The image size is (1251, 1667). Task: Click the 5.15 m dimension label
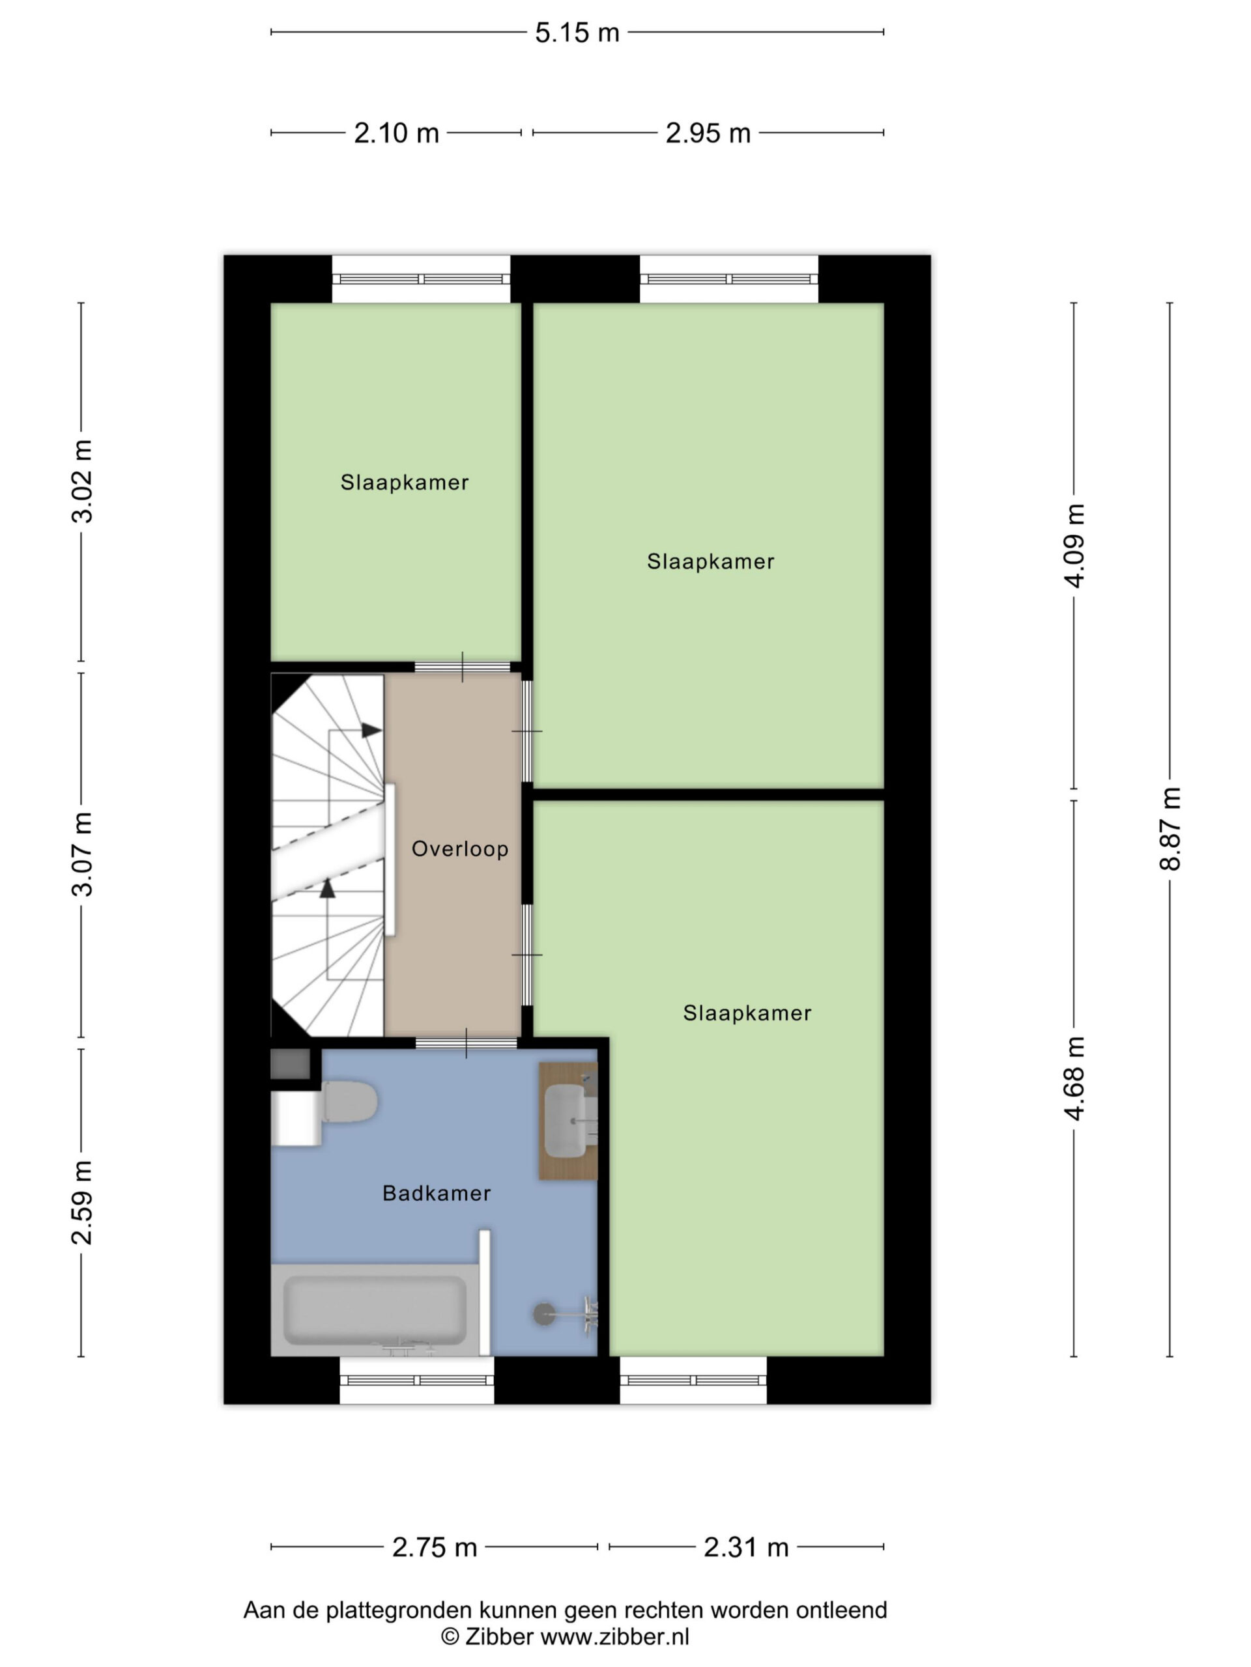click(x=577, y=33)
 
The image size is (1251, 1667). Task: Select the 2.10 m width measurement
click(x=397, y=133)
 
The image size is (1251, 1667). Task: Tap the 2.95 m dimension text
click(x=708, y=133)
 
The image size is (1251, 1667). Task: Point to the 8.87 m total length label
click(x=1170, y=828)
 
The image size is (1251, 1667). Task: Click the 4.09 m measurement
click(x=1074, y=546)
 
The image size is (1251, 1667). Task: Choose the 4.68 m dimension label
click(x=1074, y=1078)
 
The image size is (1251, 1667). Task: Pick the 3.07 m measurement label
click(x=81, y=854)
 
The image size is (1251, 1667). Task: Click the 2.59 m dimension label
click(x=81, y=1203)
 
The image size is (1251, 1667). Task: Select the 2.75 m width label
click(x=435, y=1547)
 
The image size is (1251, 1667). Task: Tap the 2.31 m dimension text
click(x=746, y=1547)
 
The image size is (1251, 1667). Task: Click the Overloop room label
click(x=460, y=849)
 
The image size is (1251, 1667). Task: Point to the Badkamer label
click(x=437, y=1193)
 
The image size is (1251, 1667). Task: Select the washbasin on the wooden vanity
click(x=566, y=1120)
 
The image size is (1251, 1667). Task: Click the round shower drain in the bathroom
click(x=543, y=1313)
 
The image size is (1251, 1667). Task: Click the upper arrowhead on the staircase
click(x=371, y=730)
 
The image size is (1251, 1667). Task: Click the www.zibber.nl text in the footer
click(x=614, y=1636)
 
